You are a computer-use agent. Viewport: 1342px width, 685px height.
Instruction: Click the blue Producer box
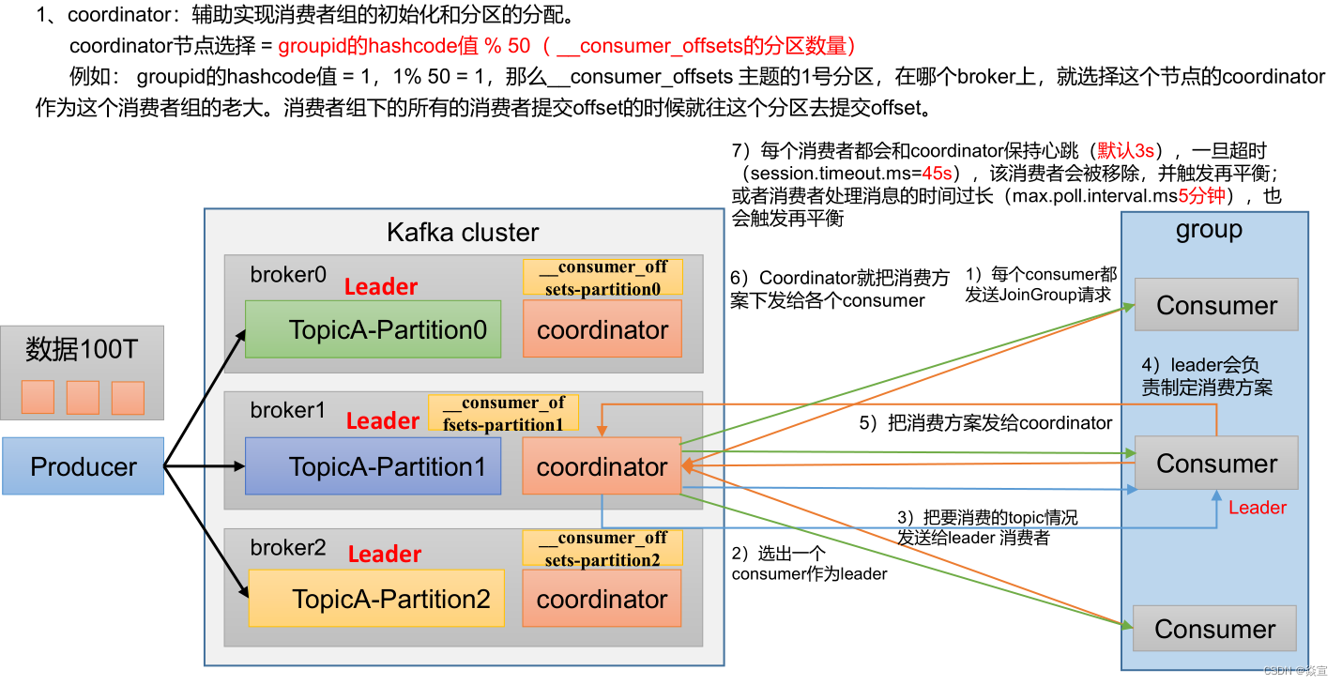pyautogui.click(x=84, y=465)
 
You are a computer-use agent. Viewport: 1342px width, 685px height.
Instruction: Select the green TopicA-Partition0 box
pyautogui.click(x=373, y=329)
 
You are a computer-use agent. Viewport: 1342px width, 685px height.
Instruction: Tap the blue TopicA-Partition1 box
pyautogui.click(x=373, y=465)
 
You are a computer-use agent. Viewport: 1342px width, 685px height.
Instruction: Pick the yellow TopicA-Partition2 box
pyautogui.click(x=376, y=598)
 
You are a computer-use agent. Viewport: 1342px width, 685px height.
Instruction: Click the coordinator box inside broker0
pyautogui.click(x=602, y=329)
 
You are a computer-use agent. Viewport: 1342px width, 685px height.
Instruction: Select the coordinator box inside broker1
pyautogui.click(x=602, y=465)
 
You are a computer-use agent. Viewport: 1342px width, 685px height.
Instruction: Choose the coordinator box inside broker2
pyautogui.click(x=602, y=598)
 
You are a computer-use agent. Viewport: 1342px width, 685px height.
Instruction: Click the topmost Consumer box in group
pyautogui.click(x=1216, y=304)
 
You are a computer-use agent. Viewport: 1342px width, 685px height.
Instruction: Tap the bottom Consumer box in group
pyautogui.click(x=1214, y=628)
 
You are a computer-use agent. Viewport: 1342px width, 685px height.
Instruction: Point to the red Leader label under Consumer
pyautogui.click(x=1257, y=508)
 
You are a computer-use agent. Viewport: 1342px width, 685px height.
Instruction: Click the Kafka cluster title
pyautogui.click(x=463, y=233)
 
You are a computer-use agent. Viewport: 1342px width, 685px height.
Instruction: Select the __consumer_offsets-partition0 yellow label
pyautogui.click(x=602, y=277)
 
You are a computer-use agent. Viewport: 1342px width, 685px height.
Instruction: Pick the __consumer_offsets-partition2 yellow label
pyautogui.click(x=602, y=548)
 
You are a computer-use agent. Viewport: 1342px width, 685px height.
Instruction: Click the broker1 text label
pyautogui.click(x=287, y=410)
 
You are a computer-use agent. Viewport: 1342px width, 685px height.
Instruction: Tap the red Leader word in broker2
pyautogui.click(x=385, y=554)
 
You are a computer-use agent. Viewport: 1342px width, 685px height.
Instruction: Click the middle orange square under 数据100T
pyautogui.click(x=83, y=397)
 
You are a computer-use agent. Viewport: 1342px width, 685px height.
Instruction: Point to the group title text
pyautogui.click(x=1209, y=230)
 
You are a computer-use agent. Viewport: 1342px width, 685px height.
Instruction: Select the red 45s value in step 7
pyautogui.click(x=937, y=174)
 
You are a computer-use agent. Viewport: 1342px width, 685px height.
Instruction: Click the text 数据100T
pyautogui.click(x=82, y=349)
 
